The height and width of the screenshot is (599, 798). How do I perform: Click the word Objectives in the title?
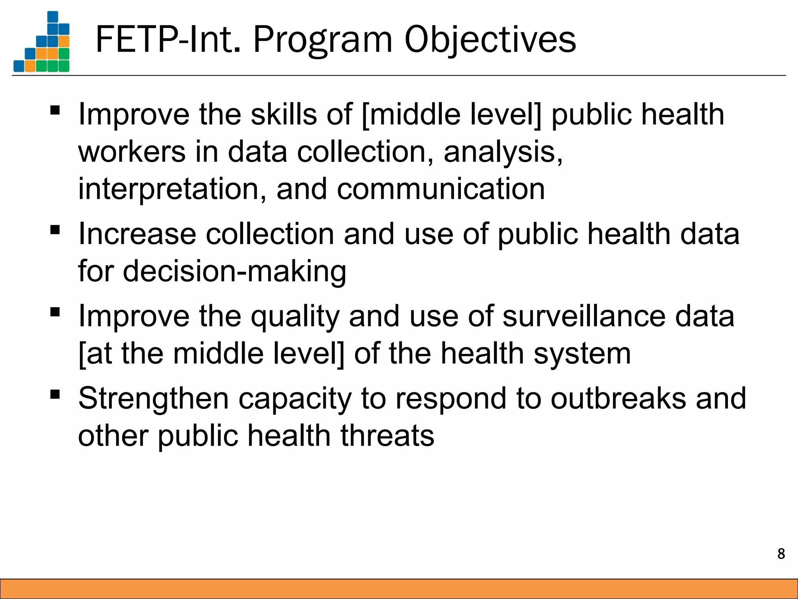[x=490, y=40]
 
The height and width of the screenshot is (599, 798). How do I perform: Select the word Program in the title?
[x=323, y=40]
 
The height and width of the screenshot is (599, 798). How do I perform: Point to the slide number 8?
[x=781, y=554]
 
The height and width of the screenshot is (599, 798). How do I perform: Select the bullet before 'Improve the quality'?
[x=55, y=312]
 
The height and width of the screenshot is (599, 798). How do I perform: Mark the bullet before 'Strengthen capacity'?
[x=55, y=394]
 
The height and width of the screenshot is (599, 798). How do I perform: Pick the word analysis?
[x=503, y=151]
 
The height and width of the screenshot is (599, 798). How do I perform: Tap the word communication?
[x=441, y=189]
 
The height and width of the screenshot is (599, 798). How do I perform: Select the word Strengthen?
[x=153, y=398]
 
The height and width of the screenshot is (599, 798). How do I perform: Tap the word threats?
[x=387, y=436]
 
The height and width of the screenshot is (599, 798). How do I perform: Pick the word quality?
[x=295, y=316]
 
